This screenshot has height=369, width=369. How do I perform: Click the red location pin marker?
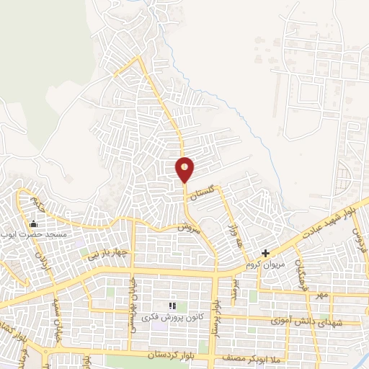(185, 169)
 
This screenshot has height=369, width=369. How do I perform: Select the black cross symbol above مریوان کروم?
(266, 253)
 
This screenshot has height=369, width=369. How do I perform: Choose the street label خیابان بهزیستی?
(132, 308)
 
